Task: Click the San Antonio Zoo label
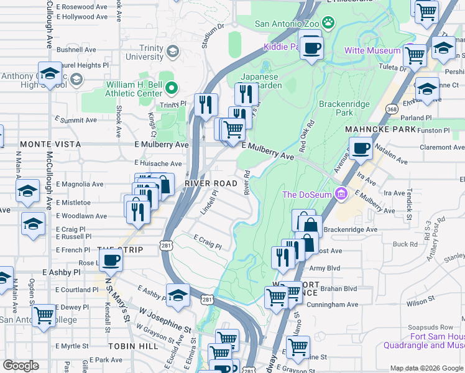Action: pos(287,24)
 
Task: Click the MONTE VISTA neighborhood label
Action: pos(43,144)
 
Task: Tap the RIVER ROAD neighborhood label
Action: pos(211,183)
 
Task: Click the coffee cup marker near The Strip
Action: pos(111,259)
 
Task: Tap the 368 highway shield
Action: pos(391,109)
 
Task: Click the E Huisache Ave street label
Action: pos(158,163)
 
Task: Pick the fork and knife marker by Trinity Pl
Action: pos(205,104)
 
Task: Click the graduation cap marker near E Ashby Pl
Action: pos(178,295)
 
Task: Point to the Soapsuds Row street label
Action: pos(430,327)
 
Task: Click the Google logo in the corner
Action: pos(21,366)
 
